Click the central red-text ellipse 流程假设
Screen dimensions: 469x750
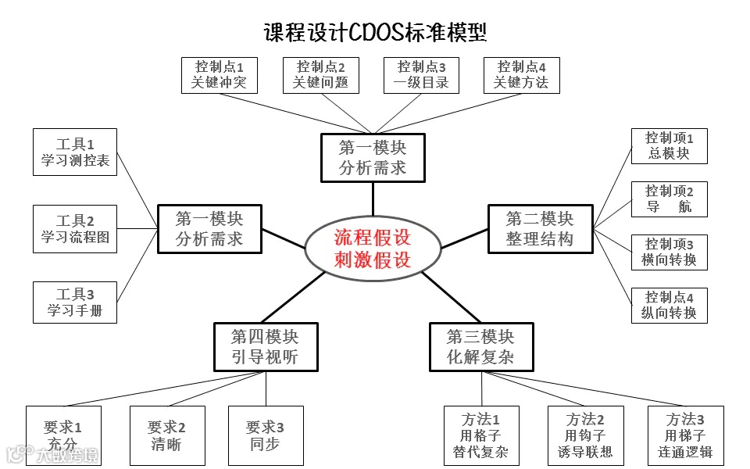pyautogui.click(x=373, y=248)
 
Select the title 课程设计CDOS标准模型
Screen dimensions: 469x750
pyautogui.click(x=375, y=32)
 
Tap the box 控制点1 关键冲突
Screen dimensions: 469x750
pyautogui.click(x=219, y=75)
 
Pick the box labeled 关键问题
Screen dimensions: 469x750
pyautogui.click(x=320, y=75)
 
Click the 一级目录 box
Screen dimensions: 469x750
pyautogui.click(x=421, y=75)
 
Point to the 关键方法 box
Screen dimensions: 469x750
pyautogui.click(x=521, y=75)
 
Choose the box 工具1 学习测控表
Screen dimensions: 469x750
pyautogui.click(x=75, y=152)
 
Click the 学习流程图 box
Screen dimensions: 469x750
pyautogui.click(x=75, y=229)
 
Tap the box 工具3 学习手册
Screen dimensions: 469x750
pyautogui.click(x=75, y=303)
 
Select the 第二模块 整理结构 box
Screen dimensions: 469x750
pyautogui.click(x=540, y=228)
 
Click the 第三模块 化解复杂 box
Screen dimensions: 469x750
pyautogui.click(x=480, y=347)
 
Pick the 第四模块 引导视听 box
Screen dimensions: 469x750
pyautogui.click(x=265, y=347)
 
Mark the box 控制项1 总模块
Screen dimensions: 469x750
pyautogui.click(x=670, y=146)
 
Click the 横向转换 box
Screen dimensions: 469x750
pyautogui.click(x=670, y=252)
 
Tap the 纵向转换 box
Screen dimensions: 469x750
pyautogui.click(x=670, y=305)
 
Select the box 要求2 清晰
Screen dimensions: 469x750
pyautogui.click(x=166, y=436)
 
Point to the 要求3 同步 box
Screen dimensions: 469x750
pyautogui.click(x=265, y=436)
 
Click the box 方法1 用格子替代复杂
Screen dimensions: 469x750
pyautogui.click(x=480, y=435)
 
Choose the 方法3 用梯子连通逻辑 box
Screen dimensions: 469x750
pyautogui.click(x=685, y=435)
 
